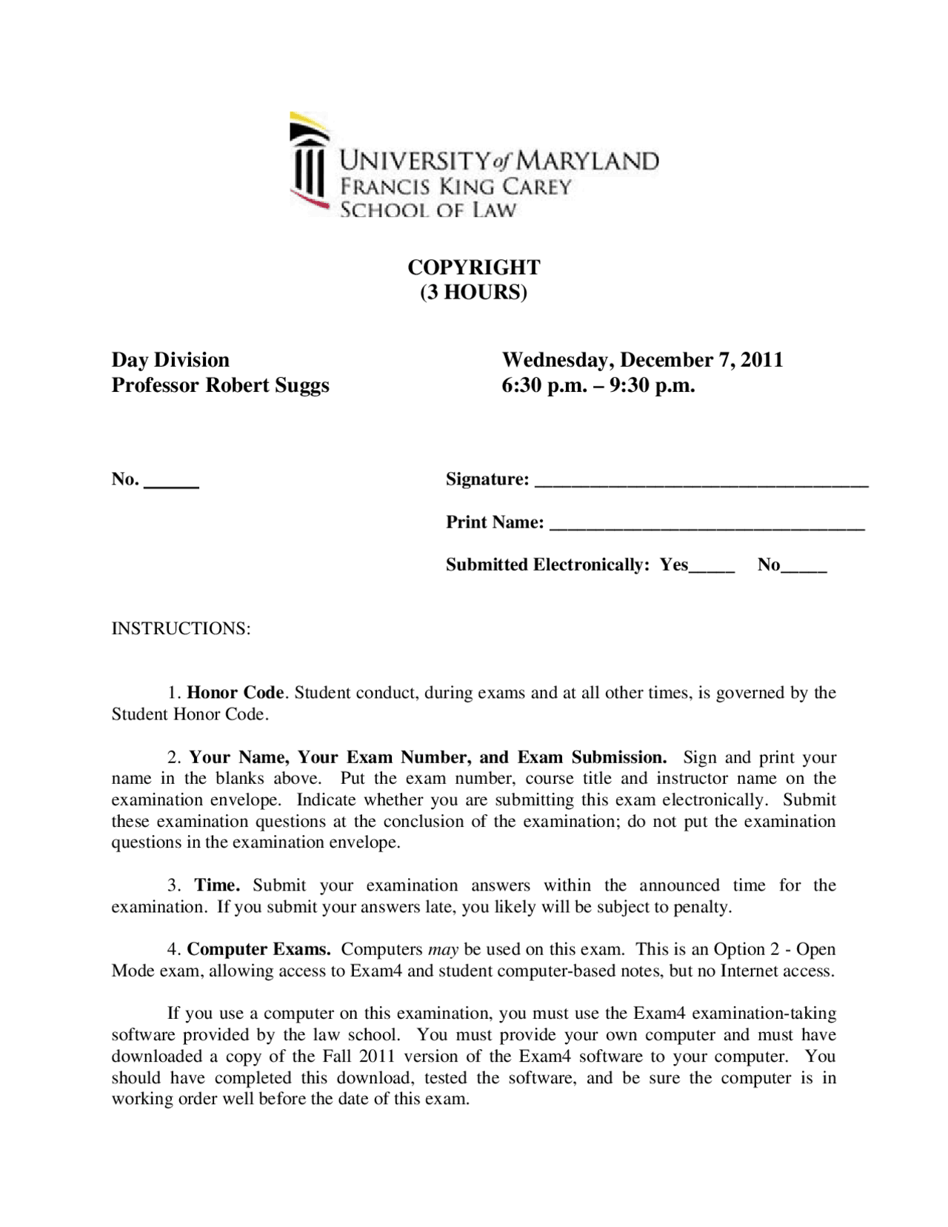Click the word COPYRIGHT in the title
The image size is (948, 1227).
(474, 267)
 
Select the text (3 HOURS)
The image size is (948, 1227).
(474, 292)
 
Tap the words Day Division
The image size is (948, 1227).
(170, 360)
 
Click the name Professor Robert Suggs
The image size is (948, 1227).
(220, 385)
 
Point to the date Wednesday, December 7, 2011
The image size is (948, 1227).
(642, 360)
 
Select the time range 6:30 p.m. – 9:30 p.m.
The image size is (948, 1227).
(598, 385)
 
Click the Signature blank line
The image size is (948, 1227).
(700, 482)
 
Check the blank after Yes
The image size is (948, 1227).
(711, 568)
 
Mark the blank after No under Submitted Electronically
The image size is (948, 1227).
(804, 568)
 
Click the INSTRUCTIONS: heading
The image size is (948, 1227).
(181, 629)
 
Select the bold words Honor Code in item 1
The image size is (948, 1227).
(236, 693)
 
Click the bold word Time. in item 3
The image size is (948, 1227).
(217, 885)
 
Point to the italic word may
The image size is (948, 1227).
(444, 950)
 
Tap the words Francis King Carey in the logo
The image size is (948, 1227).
(455, 186)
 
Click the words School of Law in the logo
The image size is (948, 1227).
(427, 210)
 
